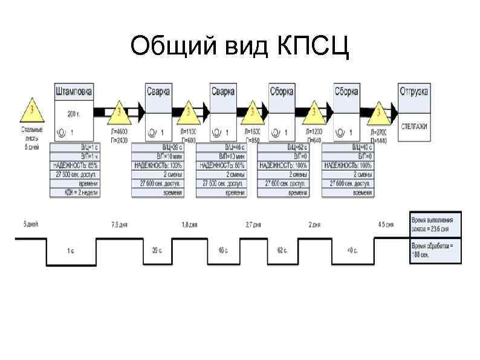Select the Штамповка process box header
point(74,91)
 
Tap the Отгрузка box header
point(414,91)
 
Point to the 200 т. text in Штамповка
point(74,114)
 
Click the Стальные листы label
point(31,134)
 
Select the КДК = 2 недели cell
point(75,192)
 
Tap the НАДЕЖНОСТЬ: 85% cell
point(75,165)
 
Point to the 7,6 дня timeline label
point(119,224)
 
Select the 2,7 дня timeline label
point(253,224)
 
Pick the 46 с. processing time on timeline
point(222,249)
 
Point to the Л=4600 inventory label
point(119,131)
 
